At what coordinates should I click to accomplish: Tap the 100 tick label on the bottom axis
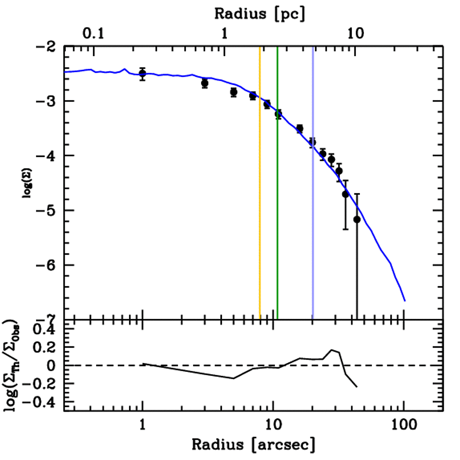coord(404,425)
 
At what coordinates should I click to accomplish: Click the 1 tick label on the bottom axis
coord(142,425)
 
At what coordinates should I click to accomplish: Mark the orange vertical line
coord(260,202)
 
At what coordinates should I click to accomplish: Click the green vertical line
coord(278,202)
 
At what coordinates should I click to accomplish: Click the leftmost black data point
coord(142,74)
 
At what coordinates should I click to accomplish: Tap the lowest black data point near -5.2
coord(357,220)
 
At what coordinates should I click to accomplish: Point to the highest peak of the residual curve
coord(332,350)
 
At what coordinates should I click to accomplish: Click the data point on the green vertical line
coord(278,114)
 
